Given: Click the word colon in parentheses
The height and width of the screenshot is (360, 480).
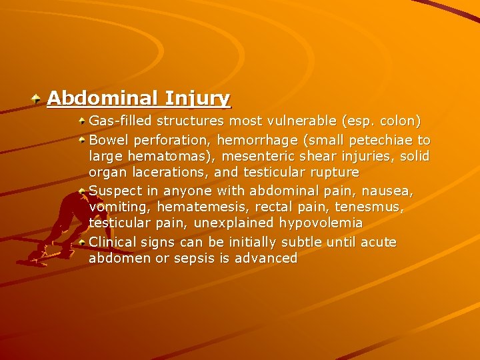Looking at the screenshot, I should [x=399, y=122].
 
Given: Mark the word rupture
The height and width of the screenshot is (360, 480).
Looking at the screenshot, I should [x=333, y=173].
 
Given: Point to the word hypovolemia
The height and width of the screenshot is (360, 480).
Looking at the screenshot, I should [x=321, y=223].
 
